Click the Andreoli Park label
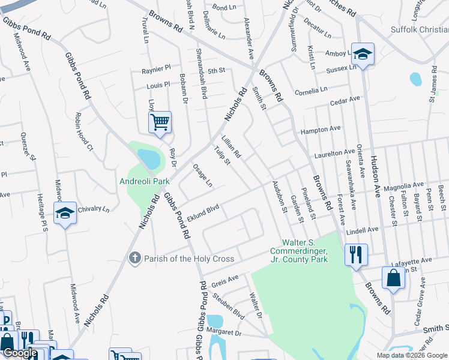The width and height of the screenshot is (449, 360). pyautogui.click(x=143, y=181)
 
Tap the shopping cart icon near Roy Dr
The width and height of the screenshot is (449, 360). pyautogui.click(x=160, y=122)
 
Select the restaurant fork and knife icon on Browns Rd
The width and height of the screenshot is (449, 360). pyautogui.click(x=355, y=254)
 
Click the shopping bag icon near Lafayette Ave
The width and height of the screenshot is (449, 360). pyautogui.click(x=393, y=278)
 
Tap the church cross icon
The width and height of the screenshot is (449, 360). pyautogui.click(x=135, y=258)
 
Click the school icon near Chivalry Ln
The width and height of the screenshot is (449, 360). pyautogui.click(x=65, y=213)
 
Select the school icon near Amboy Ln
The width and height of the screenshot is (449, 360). pyautogui.click(x=363, y=55)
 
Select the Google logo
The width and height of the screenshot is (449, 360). pyautogui.click(x=20, y=353)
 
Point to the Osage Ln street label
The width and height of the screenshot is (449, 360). pyautogui.click(x=202, y=175)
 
